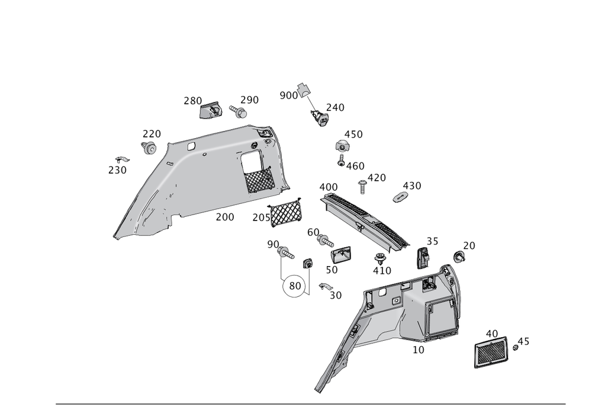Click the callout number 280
192,101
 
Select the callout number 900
288,95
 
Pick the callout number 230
117,170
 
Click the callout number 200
224,218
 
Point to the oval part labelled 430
400,196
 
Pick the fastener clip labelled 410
379,258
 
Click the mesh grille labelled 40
491,353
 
